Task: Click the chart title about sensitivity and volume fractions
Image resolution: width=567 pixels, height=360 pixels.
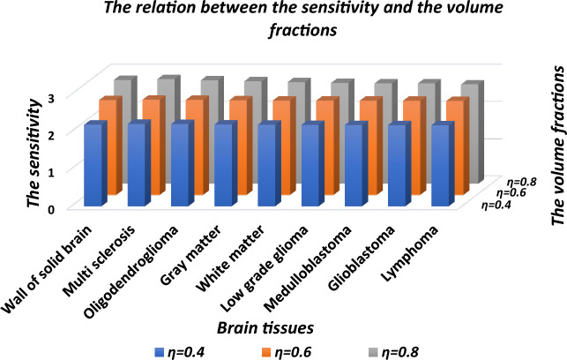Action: (x=284, y=19)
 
